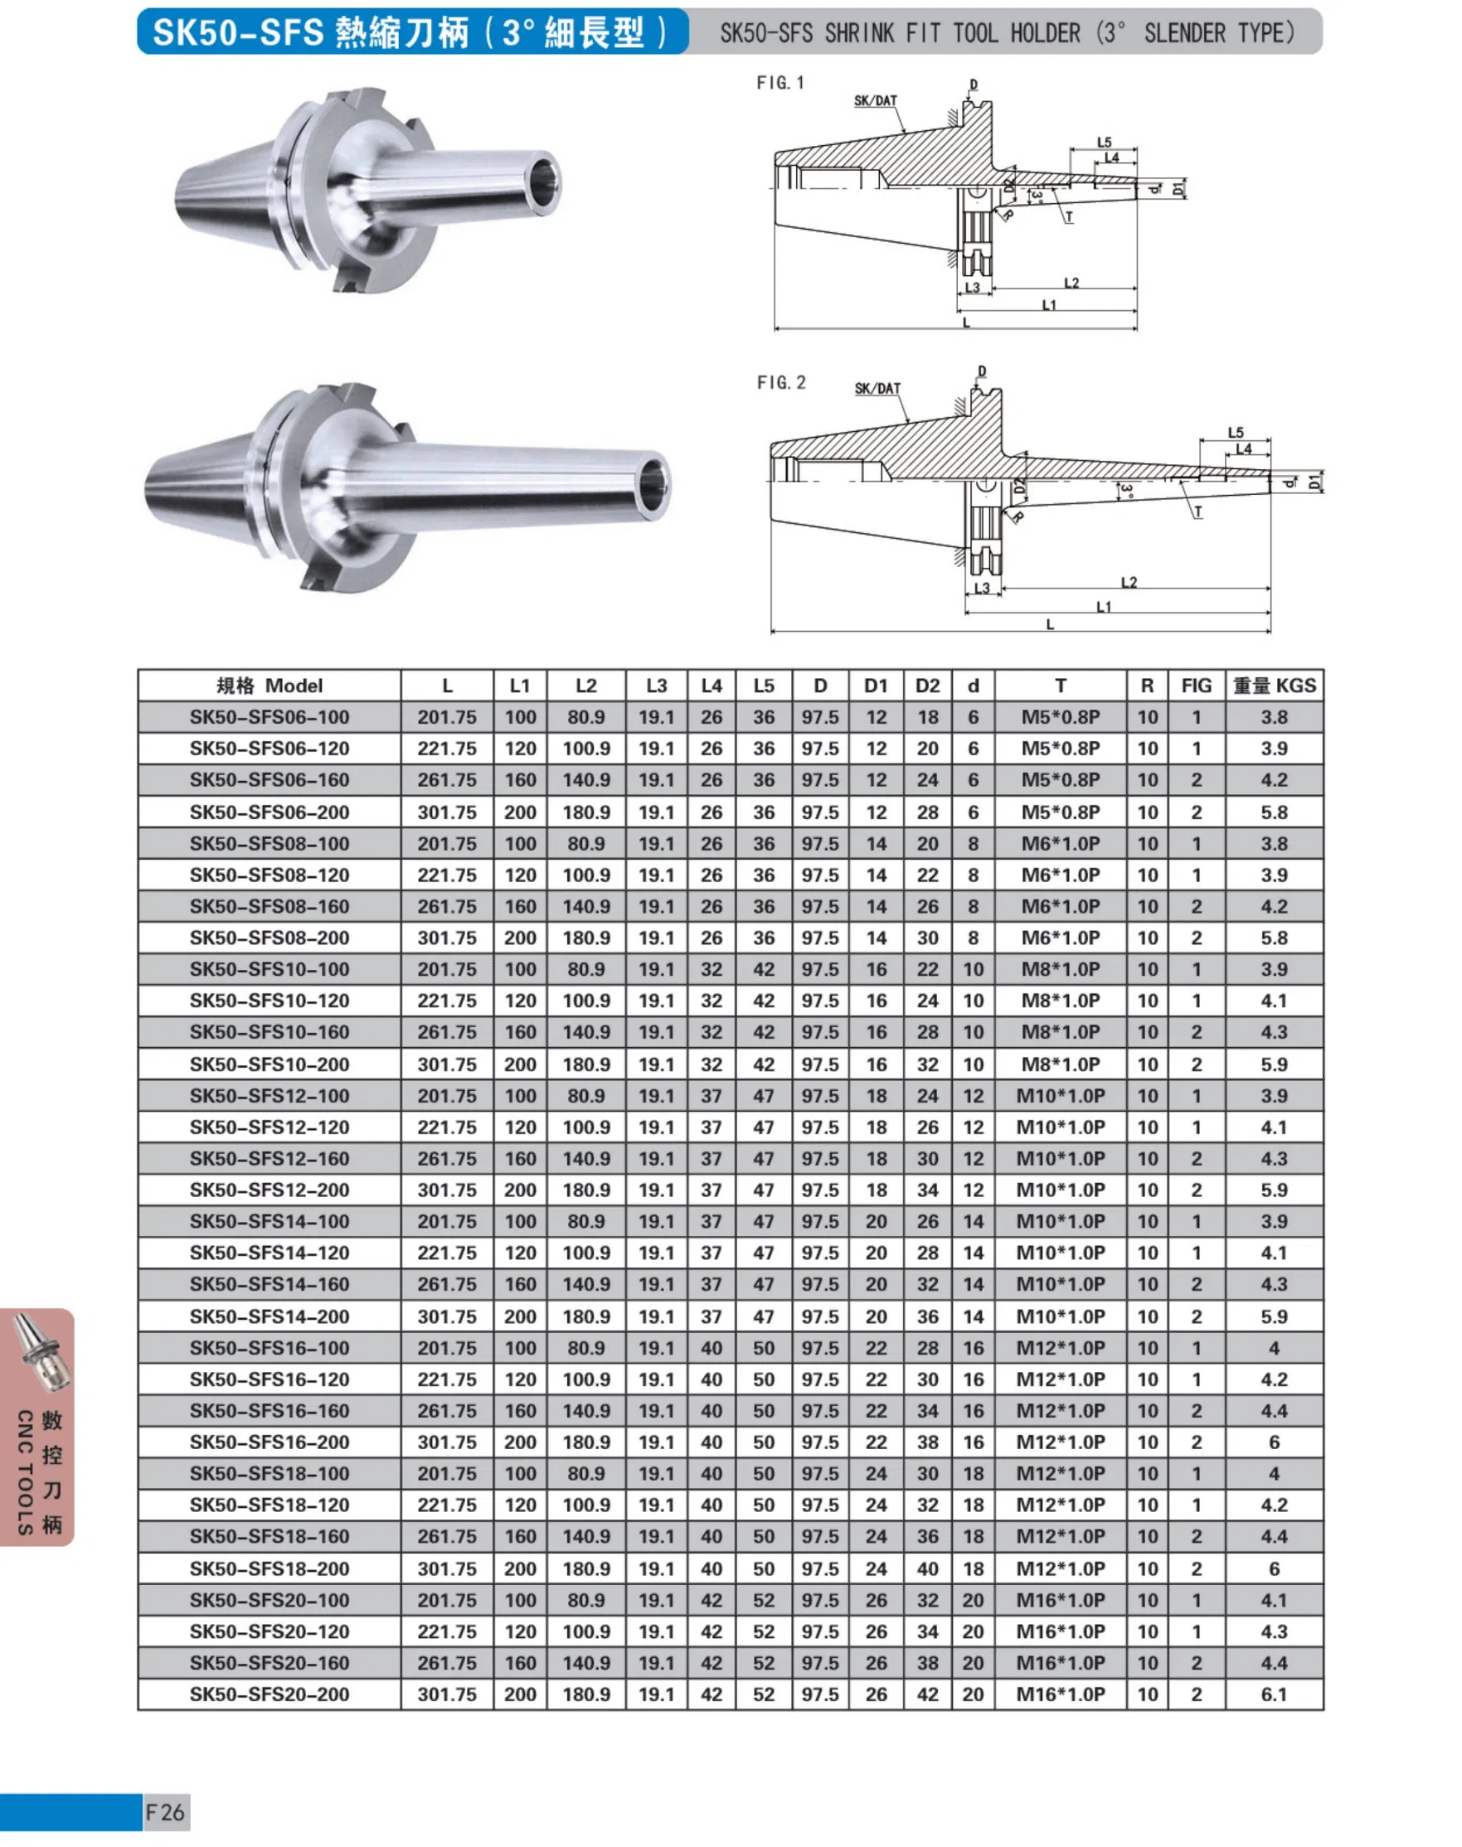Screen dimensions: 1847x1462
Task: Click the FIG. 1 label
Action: tap(780, 83)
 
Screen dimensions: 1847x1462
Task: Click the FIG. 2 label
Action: tap(780, 382)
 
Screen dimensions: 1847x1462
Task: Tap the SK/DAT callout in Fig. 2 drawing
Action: tap(877, 389)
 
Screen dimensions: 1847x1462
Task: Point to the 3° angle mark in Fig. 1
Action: tap(1037, 196)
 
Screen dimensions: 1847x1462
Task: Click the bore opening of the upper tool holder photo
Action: tap(544, 182)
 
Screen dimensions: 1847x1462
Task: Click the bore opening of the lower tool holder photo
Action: tap(655, 487)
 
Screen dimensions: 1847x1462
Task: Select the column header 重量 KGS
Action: tap(1274, 686)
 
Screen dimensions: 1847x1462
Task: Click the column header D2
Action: tap(927, 686)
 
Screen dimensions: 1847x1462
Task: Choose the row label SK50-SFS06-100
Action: tap(270, 717)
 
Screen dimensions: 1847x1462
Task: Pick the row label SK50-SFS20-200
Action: tap(270, 1694)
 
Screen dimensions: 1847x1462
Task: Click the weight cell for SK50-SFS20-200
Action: tap(1274, 1694)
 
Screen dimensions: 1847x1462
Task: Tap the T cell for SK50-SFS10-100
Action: tap(1060, 969)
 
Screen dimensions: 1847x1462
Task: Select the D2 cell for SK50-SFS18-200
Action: tap(927, 1568)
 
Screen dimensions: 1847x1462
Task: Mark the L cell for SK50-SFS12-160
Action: tap(447, 1158)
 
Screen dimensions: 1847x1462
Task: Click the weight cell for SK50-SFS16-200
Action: tap(1274, 1442)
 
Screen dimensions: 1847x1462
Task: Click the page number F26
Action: tap(165, 1811)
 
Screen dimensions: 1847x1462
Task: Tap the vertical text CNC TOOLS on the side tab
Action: tap(25, 1471)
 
